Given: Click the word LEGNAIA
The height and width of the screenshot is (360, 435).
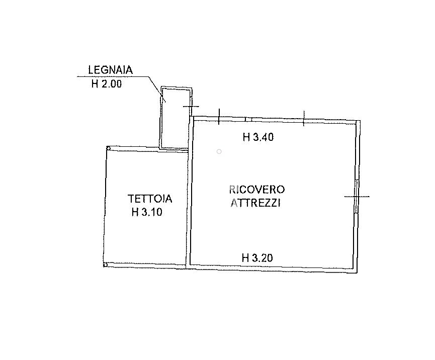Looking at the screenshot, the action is click(111, 70).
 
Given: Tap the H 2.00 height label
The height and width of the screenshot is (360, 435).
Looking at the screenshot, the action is click(107, 84).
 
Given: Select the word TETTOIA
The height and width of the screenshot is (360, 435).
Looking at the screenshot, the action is click(150, 199).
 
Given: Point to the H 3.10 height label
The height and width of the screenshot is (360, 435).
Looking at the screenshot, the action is click(147, 212).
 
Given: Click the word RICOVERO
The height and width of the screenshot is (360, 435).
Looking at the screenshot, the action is click(257, 190).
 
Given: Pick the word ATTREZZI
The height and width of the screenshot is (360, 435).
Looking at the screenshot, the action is click(255, 203).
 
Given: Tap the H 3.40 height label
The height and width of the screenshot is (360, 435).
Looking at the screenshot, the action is click(258, 137).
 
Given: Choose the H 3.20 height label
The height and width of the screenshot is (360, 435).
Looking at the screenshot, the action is click(257, 258).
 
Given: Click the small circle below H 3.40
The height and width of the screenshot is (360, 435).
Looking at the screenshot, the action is click(219, 151).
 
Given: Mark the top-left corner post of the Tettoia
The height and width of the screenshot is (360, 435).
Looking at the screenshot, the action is click(109, 148).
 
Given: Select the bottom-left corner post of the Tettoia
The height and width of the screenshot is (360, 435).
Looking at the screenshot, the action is click(105, 264).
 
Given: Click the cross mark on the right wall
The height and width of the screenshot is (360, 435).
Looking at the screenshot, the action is click(357, 197).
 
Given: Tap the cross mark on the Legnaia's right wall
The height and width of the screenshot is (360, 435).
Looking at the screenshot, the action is click(191, 106).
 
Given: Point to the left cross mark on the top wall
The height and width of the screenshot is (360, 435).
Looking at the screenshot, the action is click(219, 117).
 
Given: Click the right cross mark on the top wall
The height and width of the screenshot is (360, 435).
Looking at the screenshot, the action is click(304, 119).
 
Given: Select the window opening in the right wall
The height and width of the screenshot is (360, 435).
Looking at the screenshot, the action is click(356, 197).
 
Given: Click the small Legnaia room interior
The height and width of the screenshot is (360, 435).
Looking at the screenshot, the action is click(176, 119).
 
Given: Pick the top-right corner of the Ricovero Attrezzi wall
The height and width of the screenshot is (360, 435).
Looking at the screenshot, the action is click(360, 121).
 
